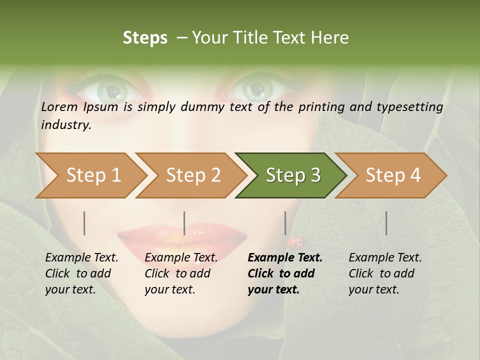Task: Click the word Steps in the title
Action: pos(145,38)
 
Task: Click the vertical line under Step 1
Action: pos(84,223)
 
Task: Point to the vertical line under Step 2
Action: pos(184,223)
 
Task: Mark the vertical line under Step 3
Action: pos(285,223)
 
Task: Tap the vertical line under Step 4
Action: pos(386,223)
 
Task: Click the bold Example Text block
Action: pos(285,273)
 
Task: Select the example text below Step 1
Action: pos(81,273)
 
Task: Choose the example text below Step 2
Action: pos(181,273)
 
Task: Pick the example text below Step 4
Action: pos(385,273)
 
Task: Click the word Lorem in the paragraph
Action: pos(59,106)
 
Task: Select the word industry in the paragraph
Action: pos(66,124)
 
